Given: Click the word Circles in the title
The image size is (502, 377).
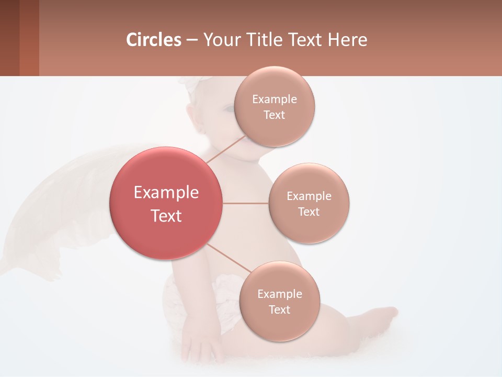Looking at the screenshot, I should pos(154,40).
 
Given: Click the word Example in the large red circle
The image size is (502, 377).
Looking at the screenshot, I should pos(166,193).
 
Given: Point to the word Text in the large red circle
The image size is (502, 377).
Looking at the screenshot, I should pos(166,216).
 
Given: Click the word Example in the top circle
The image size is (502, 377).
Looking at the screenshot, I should pos(275,99).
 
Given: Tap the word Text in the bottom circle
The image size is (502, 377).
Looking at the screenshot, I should pos(279,309).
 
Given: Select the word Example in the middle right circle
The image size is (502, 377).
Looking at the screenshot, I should pos(309,196).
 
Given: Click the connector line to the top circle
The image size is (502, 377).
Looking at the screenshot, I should pos(226,149).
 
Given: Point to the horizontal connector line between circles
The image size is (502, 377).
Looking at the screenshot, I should pos(246,203).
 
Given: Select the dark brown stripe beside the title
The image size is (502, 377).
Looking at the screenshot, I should pos(9,38).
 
